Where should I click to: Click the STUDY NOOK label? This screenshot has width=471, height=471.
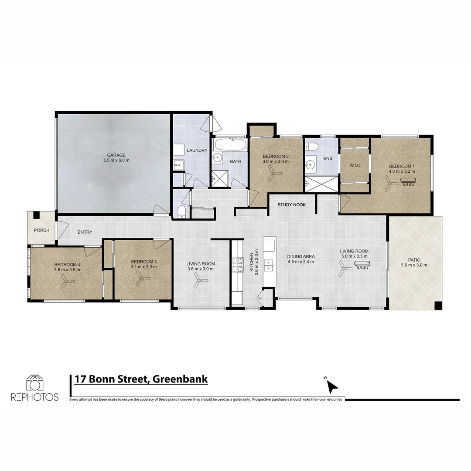(x=291, y=205)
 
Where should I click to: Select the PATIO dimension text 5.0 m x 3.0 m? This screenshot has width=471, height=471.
(x=415, y=265)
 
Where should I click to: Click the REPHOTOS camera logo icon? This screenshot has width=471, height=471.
(x=34, y=383)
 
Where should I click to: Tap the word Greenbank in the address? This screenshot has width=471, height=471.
(x=181, y=379)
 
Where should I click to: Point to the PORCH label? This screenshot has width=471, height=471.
(x=41, y=230)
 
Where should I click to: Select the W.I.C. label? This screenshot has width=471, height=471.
(x=354, y=166)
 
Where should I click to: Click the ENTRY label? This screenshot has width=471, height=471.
(x=85, y=232)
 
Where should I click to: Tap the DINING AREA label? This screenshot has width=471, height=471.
(x=301, y=256)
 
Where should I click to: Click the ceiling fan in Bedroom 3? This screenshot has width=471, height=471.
(x=142, y=280)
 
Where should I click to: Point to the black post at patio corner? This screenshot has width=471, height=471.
(x=438, y=305)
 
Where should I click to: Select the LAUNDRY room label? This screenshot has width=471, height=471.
(x=197, y=150)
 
